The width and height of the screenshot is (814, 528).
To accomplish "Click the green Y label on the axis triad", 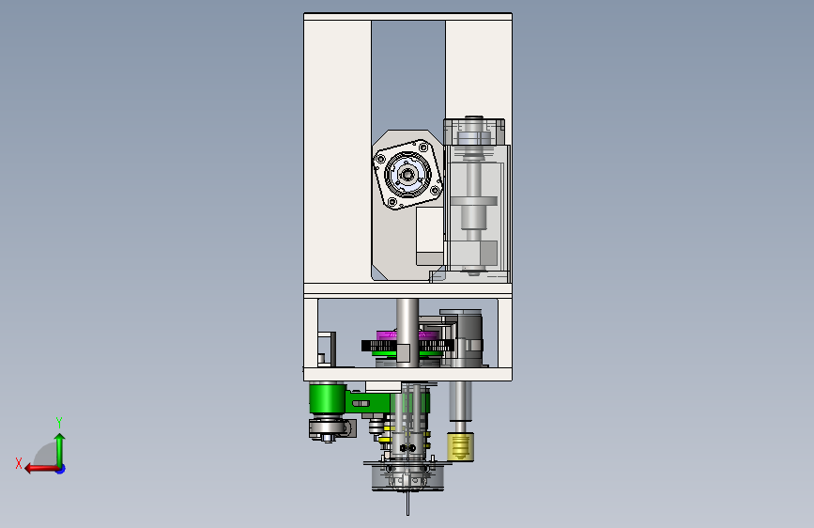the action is (59, 422).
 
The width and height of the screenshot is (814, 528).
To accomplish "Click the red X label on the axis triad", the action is (19, 463).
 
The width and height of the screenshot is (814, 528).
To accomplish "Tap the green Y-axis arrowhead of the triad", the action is (60, 438).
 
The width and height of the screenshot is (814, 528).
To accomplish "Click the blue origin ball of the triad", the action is (61, 469).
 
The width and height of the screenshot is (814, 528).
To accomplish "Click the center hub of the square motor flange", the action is (407, 175).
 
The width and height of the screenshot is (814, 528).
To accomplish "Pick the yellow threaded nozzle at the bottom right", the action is (460, 448).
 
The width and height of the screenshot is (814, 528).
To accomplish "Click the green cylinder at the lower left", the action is (327, 398).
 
